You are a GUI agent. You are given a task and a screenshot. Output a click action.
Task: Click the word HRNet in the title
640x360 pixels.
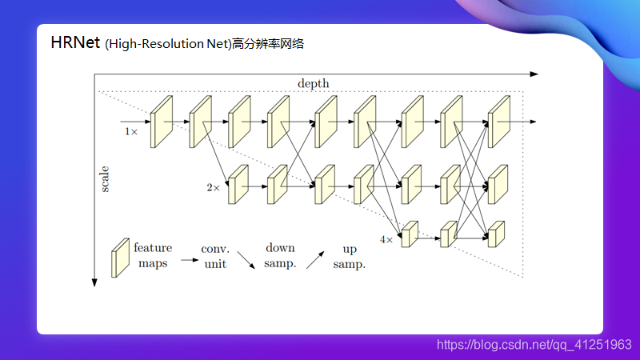pyautogui.click(x=75, y=42)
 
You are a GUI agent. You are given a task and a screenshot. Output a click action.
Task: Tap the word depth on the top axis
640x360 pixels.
pyautogui.click(x=313, y=83)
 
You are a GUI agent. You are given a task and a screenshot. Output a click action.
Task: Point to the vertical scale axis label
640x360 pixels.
pyautogui.click(x=105, y=178)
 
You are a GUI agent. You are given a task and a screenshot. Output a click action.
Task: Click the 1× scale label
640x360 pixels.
pyautogui.click(x=131, y=130)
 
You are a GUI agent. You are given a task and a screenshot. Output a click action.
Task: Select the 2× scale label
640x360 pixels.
pyautogui.click(x=213, y=188)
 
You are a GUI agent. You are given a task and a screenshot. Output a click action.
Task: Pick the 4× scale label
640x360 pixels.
pyautogui.click(x=386, y=239)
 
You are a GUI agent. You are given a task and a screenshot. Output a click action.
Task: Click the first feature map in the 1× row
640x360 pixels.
pyautogui.click(x=162, y=122)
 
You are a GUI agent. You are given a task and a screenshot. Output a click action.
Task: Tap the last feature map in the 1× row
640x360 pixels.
pyautogui.click(x=499, y=122)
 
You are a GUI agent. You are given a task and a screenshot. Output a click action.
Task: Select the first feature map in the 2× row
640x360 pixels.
pyautogui.click(x=238, y=185)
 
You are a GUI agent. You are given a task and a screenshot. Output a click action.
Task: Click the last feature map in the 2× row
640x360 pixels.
pyautogui.click(x=498, y=185)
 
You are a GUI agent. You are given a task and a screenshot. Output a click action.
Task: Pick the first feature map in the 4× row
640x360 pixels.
pyautogui.click(x=410, y=234)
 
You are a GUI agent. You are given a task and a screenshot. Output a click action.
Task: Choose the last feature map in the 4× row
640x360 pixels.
pyautogui.click(x=497, y=234)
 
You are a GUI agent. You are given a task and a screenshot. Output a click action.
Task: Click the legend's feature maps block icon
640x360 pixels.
pyautogui.click(x=120, y=258)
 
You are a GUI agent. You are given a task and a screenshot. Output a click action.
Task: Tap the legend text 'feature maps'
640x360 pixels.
pyautogui.click(x=153, y=255)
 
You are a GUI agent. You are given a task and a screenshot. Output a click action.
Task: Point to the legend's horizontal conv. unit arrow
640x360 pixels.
pyautogui.click(x=190, y=259)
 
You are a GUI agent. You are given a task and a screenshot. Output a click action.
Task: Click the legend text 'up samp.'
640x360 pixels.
pyautogui.click(x=349, y=256)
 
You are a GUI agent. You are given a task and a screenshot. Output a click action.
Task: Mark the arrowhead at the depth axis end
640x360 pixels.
pyautogui.click(x=534, y=74)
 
